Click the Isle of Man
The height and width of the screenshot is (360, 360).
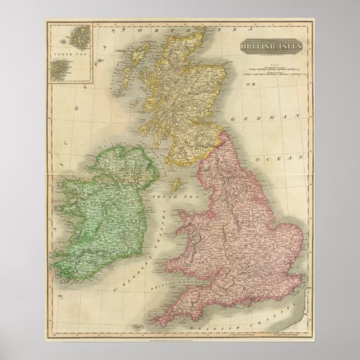click(175, 183)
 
